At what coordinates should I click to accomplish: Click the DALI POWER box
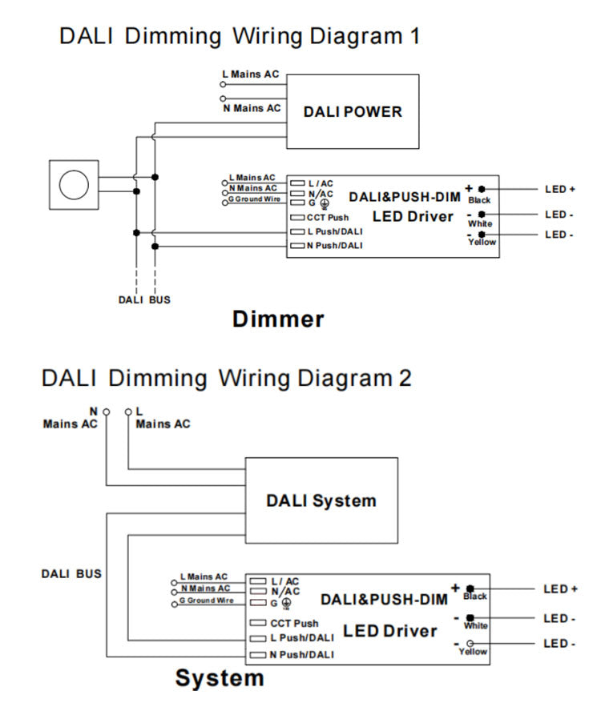click(x=353, y=111)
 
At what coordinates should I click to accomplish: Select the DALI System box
click(x=321, y=501)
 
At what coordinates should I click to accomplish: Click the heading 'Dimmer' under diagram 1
click(x=278, y=319)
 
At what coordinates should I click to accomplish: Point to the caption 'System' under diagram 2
click(x=220, y=678)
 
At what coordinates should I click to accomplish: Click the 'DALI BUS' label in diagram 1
click(x=144, y=299)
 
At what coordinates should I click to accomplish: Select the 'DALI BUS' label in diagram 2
click(x=71, y=573)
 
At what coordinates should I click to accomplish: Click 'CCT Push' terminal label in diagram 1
click(x=327, y=218)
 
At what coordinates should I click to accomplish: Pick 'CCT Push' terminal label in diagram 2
click(x=293, y=623)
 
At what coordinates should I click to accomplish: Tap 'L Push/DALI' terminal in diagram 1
click(x=334, y=231)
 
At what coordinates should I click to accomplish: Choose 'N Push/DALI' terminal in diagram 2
click(x=301, y=655)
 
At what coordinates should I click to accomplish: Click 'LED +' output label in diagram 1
click(x=560, y=190)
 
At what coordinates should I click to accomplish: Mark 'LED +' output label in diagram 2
click(x=560, y=589)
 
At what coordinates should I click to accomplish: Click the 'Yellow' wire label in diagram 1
click(x=482, y=242)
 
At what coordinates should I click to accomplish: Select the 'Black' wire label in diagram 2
click(x=475, y=597)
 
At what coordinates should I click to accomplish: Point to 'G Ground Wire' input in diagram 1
click(x=255, y=199)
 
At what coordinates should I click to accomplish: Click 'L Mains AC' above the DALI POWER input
click(x=251, y=74)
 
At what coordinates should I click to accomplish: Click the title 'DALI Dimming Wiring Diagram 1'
click(x=240, y=36)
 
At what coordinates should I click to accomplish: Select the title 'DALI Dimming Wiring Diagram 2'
click(x=227, y=377)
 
